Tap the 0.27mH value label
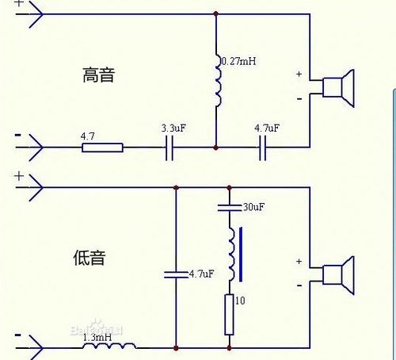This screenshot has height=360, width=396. [x=239, y=61]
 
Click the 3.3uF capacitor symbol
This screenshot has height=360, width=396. [x=169, y=147]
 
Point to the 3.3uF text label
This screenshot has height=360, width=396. [x=173, y=128]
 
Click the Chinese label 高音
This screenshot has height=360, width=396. [x=100, y=75]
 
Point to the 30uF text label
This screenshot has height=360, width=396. [x=253, y=208]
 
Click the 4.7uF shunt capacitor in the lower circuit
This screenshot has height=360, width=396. [x=176, y=274]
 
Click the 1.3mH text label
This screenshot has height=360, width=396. [x=97, y=336]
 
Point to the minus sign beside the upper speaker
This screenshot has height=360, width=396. [x=299, y=98]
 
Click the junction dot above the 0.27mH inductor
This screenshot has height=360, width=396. [x=215, y=14]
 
